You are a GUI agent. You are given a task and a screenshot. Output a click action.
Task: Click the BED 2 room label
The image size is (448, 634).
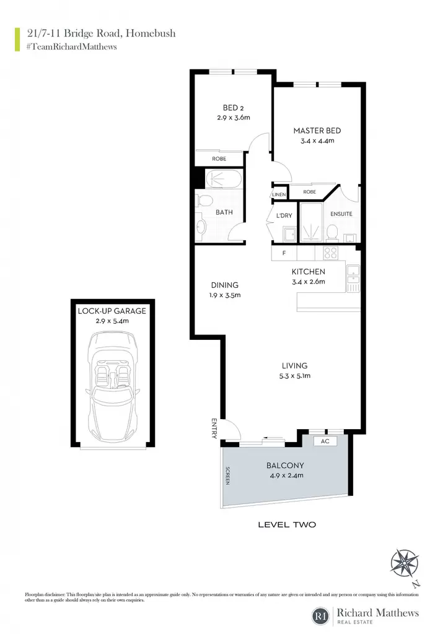[233, 108]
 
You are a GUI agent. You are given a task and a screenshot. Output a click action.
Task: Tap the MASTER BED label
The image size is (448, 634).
[317, 131]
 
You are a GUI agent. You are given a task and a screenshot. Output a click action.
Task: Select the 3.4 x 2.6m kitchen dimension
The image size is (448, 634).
[309, 282]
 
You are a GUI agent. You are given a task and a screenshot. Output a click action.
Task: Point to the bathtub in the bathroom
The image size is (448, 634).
[224, 178]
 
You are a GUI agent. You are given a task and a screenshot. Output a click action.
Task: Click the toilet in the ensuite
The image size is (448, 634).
[333, 232]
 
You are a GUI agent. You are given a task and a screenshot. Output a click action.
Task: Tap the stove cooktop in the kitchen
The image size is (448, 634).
[331, 253]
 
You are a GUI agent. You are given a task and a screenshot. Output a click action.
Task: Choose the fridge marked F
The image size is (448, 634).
[284, 253]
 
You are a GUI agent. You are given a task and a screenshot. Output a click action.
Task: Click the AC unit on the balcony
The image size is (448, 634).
[325, 441]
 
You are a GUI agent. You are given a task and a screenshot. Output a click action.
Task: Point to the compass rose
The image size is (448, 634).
[404, 563]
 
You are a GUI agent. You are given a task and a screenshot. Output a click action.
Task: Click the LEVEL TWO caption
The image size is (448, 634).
[287, 525]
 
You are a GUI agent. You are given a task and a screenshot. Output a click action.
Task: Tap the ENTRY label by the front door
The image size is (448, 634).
[214, 428]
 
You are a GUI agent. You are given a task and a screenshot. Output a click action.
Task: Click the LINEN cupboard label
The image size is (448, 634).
[279, 194]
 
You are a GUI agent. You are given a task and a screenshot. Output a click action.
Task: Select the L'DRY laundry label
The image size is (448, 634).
[284, 215]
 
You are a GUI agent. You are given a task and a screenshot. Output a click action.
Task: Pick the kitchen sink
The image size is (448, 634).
[353, 274]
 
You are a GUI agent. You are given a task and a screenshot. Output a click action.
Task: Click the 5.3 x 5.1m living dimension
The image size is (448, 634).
[294, 376]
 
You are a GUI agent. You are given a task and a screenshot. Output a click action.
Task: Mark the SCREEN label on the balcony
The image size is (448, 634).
[228, 476]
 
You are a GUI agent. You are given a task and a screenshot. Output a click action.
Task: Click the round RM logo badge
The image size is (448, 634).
[321, 616]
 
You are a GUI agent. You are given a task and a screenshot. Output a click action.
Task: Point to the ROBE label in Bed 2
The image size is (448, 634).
[219, 159]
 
